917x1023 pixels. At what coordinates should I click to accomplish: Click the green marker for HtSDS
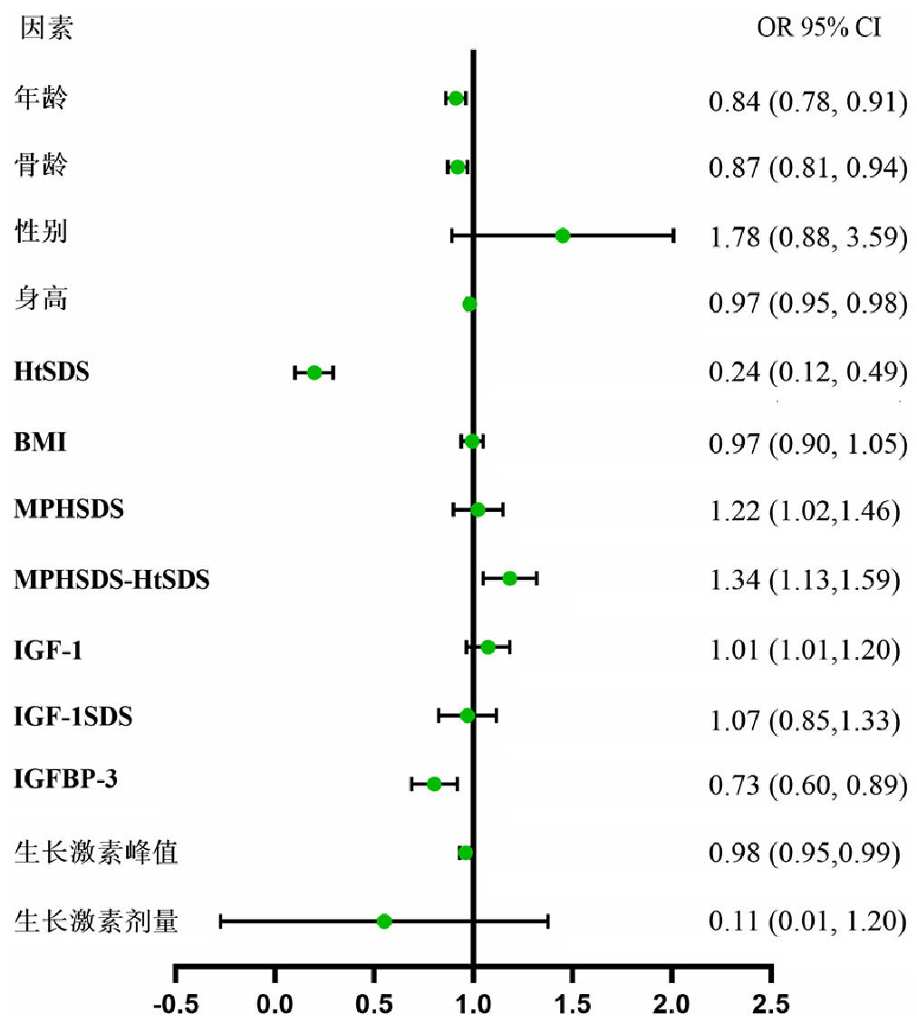click(314, 372)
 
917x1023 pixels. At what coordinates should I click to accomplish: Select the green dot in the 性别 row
click(563, 236)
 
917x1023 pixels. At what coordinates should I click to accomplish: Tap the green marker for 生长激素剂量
click(384, 922)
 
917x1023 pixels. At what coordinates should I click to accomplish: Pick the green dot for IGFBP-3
click(434, 784)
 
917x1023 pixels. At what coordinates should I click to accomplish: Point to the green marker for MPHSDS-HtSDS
click(509, 578)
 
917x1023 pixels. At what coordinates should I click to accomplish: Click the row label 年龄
click(42, 97)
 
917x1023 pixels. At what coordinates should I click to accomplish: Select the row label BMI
click(40, 442)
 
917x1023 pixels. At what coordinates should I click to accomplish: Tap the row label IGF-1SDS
click(73, 717)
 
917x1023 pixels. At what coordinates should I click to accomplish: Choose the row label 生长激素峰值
click(95, 853)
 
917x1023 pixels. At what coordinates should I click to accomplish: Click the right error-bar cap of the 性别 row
click(673, 236)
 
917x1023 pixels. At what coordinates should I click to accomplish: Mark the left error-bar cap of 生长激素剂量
click(221, 922)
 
